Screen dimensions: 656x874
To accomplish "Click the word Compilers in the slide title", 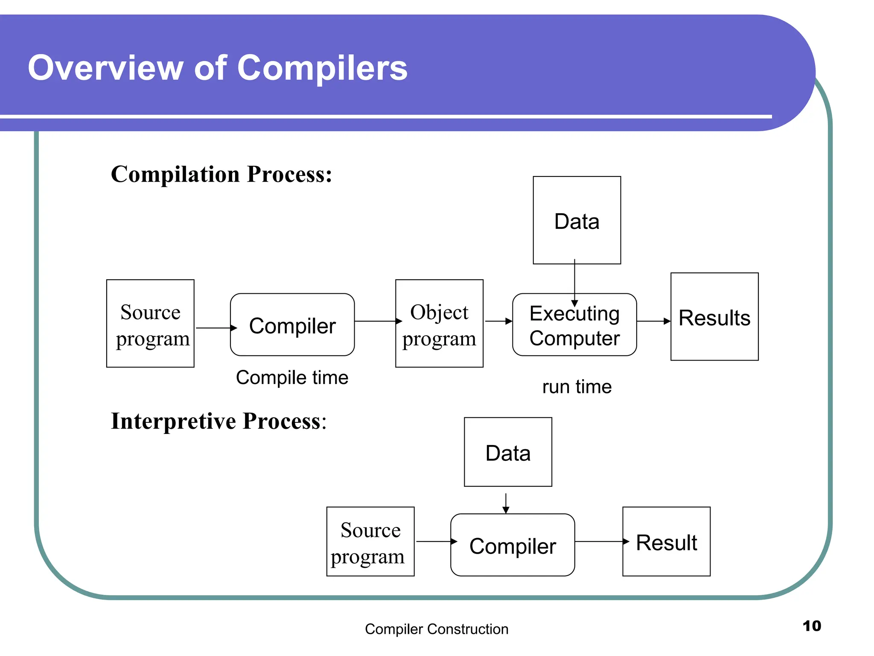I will [322, 68].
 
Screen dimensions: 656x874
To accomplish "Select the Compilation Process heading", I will [221, 175].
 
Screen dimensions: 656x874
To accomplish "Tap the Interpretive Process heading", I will [218, 422].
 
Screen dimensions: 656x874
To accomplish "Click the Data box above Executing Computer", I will [577, 220].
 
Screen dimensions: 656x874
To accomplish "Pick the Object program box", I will [439, 323].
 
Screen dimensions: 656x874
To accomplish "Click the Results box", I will [714, 317].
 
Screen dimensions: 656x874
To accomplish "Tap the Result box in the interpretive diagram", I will [666, 542].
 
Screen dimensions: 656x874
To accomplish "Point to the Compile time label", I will [292, 378].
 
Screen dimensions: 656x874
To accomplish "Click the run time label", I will [577, 387].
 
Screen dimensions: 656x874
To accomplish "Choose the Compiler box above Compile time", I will [292, 325].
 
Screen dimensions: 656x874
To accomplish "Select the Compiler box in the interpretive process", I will [512, 545].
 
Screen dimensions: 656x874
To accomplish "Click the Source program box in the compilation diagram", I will [150, 323].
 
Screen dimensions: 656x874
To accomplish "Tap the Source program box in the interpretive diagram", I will [370, 542].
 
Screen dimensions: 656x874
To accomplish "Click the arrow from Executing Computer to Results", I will [653, 321].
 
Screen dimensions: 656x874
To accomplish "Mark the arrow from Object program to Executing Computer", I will [498, 321].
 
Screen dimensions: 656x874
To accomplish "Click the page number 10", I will [811, 626].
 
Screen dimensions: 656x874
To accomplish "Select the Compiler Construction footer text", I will [436, 629].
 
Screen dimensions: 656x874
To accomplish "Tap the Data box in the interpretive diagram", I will [507, 452].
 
